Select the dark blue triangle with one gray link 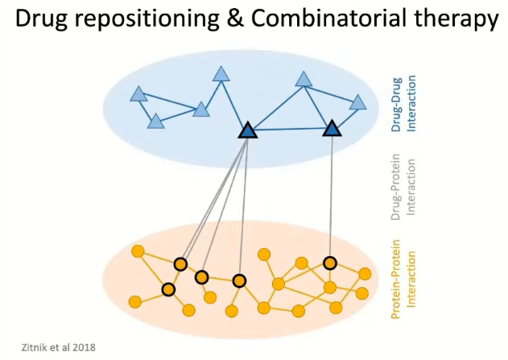[x=332, y=129]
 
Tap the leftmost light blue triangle [x=138, y=95]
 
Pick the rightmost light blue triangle [x=357, y=102]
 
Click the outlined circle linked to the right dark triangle [x=329, y=263]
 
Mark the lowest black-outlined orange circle [x=168, y=288]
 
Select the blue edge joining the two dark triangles [x=290, y=130]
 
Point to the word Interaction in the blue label [x=411, y=104]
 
